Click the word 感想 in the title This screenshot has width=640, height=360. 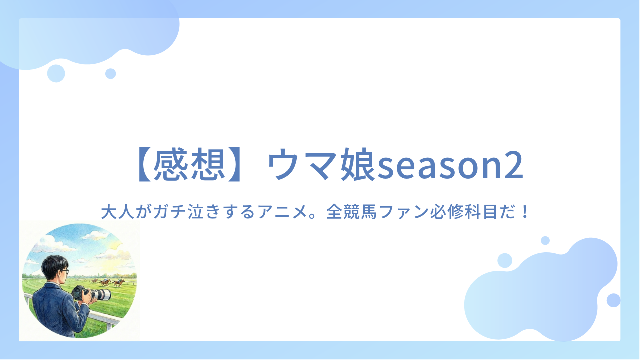[189, 165]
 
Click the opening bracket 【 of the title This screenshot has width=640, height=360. [144, 165]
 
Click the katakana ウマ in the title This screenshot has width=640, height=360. [303, 165]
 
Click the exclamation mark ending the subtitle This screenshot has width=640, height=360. [525, 212]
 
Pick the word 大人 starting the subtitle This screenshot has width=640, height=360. [117, 212]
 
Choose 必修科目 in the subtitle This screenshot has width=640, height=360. [464, 212]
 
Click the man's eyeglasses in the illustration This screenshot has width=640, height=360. [65, 271]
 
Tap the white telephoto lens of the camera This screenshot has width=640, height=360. [100, 294]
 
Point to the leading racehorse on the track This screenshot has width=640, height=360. [119, 283]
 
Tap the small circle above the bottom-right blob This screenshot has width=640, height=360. [545, 240]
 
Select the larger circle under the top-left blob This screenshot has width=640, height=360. [56, 73]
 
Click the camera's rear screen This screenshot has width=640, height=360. [76, 293]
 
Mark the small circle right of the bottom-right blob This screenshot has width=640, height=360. [613, 300]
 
